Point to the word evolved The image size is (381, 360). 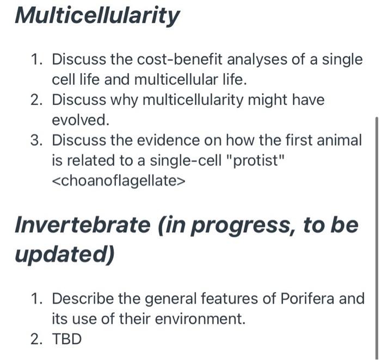(80, 120)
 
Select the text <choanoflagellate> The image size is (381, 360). (119, 181)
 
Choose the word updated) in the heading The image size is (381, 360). (64, 255)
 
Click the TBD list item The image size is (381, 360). (66, 339)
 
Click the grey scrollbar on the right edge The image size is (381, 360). (376, 218)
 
